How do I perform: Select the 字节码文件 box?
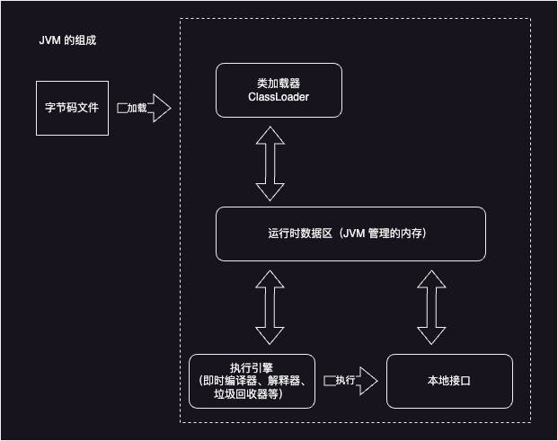click(x=72, y=108)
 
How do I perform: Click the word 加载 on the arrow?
click(x=137, y=108)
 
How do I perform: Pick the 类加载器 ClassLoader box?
click(x=279, y=90)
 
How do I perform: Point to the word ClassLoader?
click(x=279, y=97)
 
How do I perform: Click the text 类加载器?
click(x=279, y=83)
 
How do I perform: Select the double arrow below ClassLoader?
click(x=270, y=162)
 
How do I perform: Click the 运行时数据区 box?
click(x=350, y=234)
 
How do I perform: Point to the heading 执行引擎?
click(x=252, y=368)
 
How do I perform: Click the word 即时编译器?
click(x=227, y=381)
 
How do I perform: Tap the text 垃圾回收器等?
click(x=252, y=394)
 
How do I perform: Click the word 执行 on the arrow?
click(x=345, y=381)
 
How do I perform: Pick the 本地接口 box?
click(x=449, y=381)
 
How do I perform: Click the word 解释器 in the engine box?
click(x=285, y=381)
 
